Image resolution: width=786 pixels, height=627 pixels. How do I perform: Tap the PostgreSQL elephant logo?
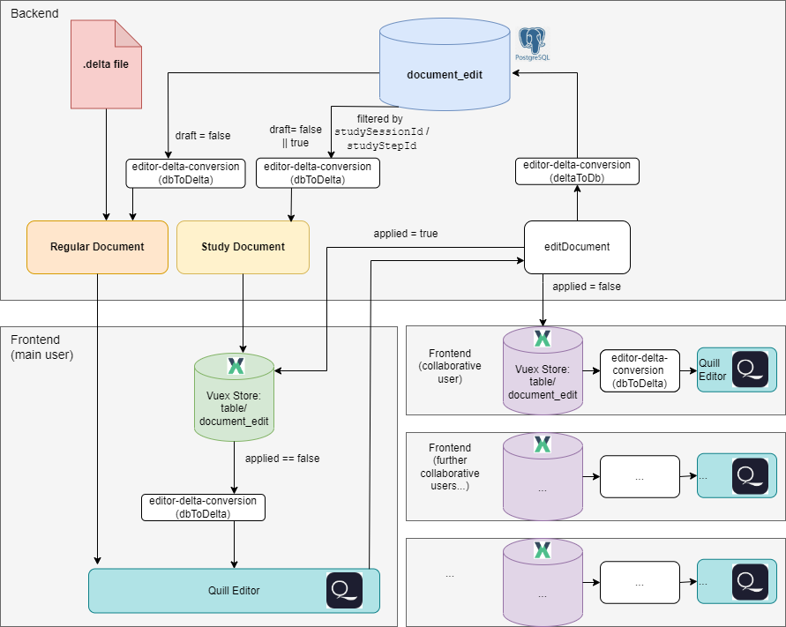pos(531,44)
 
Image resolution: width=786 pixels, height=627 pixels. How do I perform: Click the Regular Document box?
pos(97,246)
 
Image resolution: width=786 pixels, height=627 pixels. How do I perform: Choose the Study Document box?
pos(243,246)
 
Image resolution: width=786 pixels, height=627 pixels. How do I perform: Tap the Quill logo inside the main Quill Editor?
pos(344,590)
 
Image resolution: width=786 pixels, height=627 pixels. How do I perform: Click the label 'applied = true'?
pos(406,234)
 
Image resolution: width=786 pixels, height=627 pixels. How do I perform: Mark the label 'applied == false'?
pos(282,459)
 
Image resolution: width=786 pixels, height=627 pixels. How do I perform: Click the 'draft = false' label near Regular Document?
pos(203,136)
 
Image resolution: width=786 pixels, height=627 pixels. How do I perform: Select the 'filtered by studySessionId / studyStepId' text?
pos(381,131)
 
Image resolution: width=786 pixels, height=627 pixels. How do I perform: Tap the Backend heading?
pos(33,15)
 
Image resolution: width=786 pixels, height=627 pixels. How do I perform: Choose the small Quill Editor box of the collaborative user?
pos(737,369)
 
